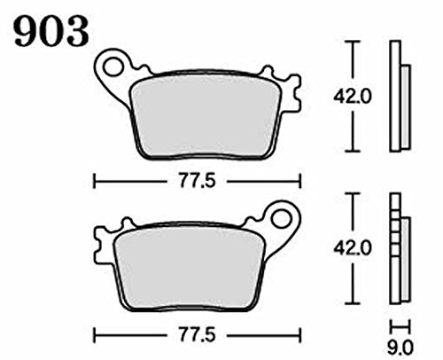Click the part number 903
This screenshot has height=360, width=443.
51,32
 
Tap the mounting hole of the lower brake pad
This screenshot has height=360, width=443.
281,220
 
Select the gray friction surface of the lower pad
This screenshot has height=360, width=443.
189,268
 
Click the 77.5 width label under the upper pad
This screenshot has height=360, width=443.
197,181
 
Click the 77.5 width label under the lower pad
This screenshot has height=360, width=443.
197,335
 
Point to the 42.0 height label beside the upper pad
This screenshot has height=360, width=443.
352,97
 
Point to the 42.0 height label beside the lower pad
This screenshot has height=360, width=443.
352,249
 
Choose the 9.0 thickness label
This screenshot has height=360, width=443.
400,348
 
